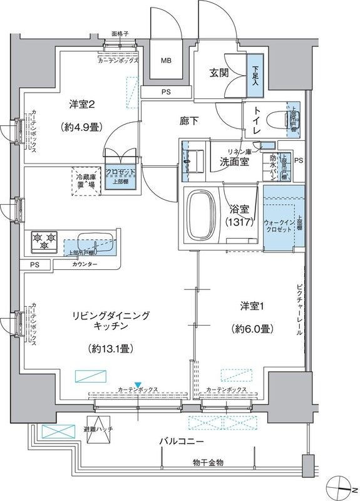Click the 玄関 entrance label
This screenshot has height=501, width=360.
pos(219,73)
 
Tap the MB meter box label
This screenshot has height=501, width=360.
pos(166,61)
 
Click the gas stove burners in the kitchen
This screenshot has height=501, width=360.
pos(43,239)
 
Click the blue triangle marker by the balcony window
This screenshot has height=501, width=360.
pos(138,384)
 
